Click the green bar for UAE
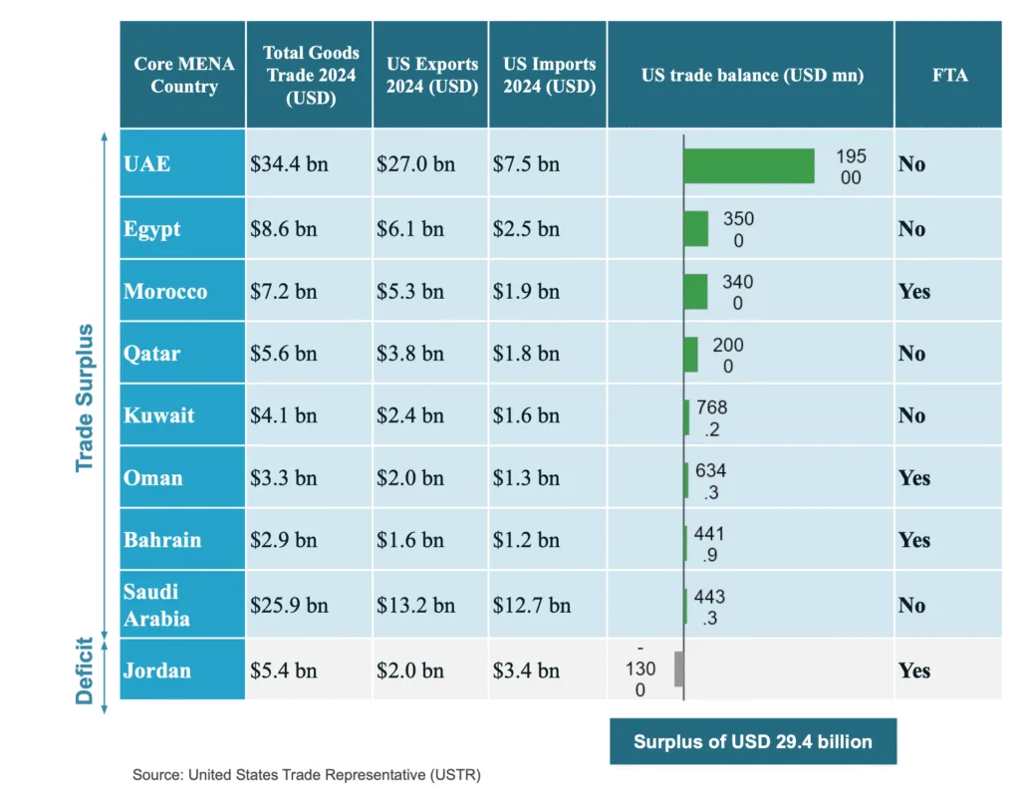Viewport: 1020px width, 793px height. [748, 165]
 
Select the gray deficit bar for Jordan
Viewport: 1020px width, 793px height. [678, 669]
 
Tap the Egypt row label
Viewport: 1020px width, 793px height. [152, 229]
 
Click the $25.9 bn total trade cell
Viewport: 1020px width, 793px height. [289, 605]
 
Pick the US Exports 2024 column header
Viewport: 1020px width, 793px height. [430, 75]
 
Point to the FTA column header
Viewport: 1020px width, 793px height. [948, 75]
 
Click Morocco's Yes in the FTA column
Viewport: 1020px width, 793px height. [914, 292]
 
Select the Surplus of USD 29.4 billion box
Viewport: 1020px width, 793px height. [752, 741]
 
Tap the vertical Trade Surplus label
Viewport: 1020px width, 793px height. [85, 396]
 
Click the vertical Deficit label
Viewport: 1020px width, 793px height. [85, 670]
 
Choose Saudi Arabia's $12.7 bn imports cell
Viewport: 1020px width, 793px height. [532, 605]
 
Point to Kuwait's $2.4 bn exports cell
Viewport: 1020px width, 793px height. [410, 416]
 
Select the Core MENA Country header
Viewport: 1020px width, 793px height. [183, 75]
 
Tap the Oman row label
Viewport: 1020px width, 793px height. [153, 478]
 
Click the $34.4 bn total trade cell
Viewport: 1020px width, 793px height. [289, 164]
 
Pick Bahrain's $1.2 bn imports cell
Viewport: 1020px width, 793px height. [526, 541]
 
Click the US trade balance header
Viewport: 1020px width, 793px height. [750, 75]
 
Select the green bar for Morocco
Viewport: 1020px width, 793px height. [695, 292]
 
